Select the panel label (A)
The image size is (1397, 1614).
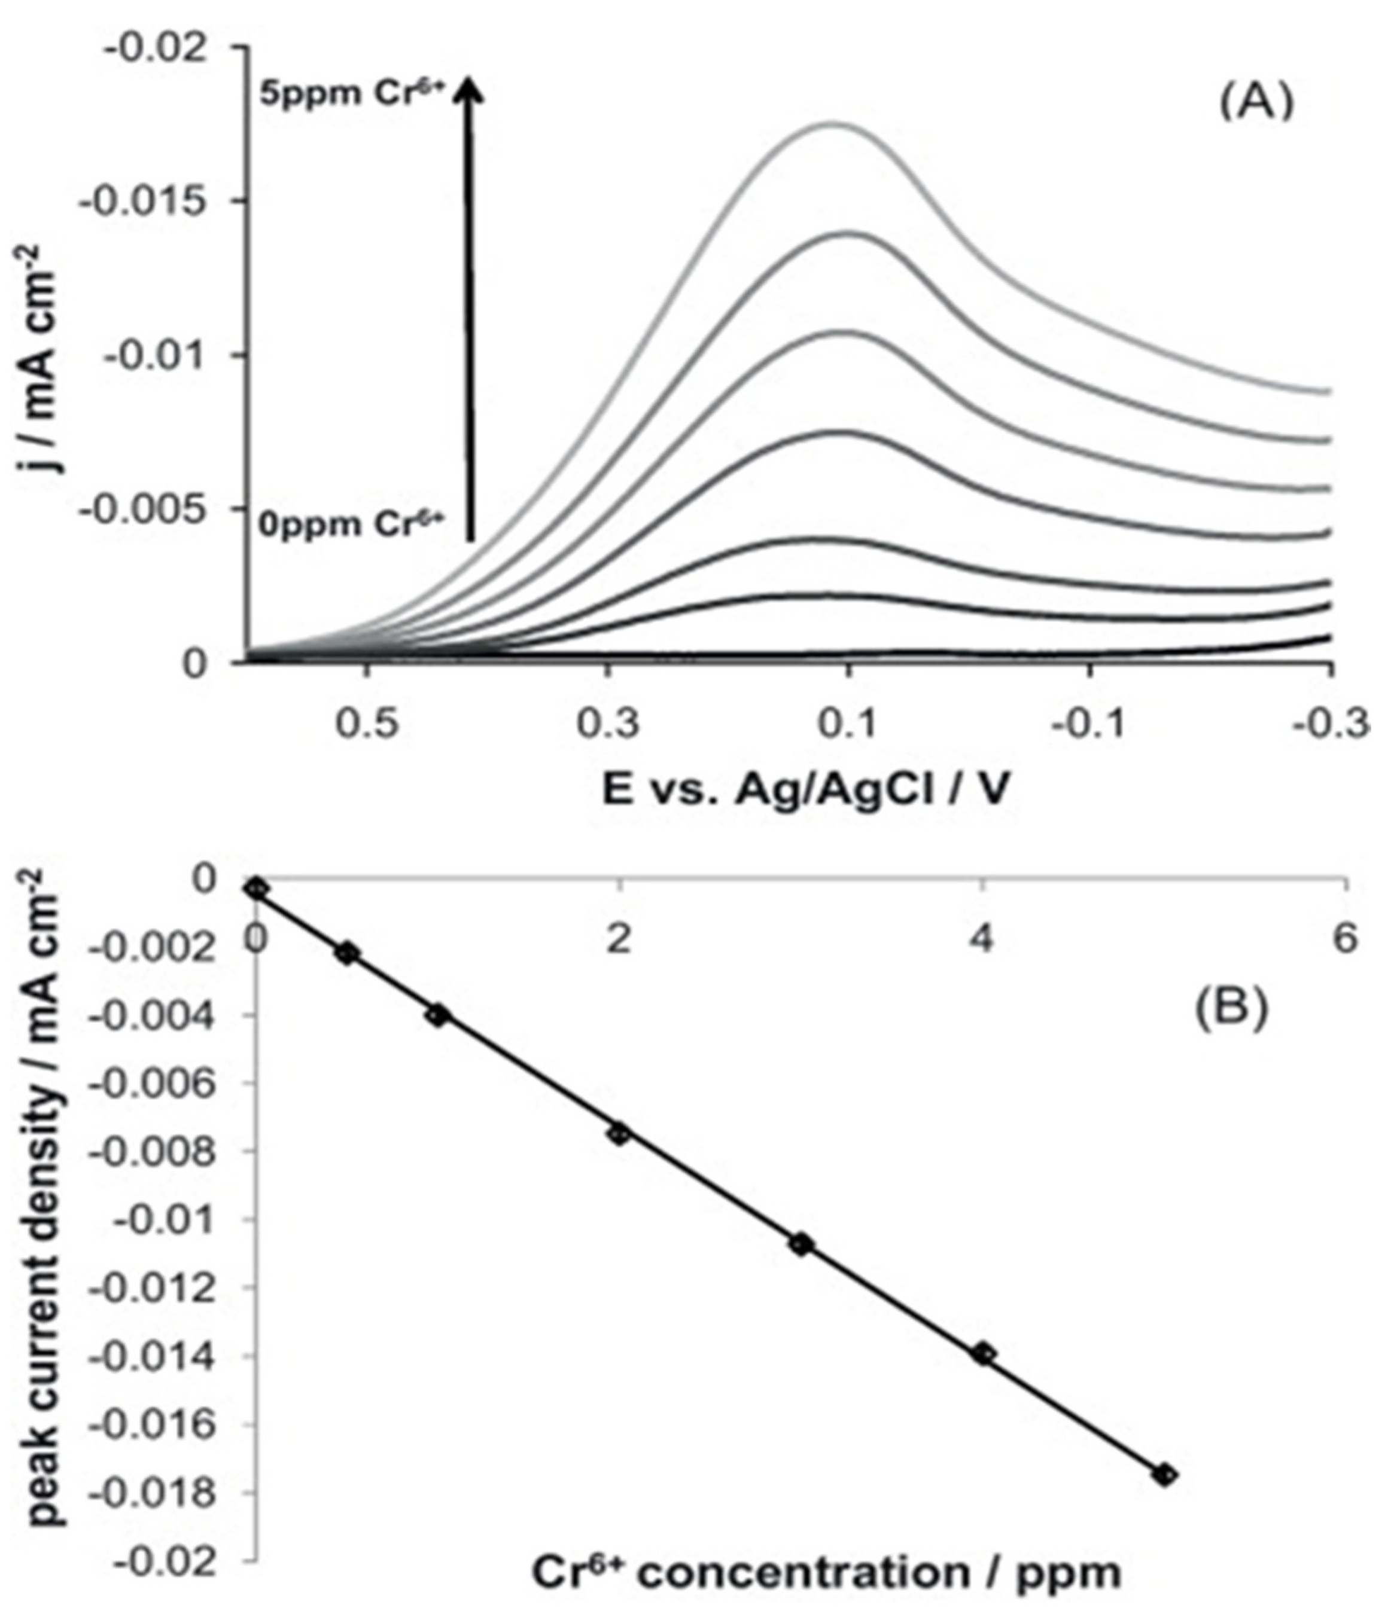coord(1256,103)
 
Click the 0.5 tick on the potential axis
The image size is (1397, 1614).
coord(366,723)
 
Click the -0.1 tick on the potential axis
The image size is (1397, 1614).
coord(1089,723)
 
